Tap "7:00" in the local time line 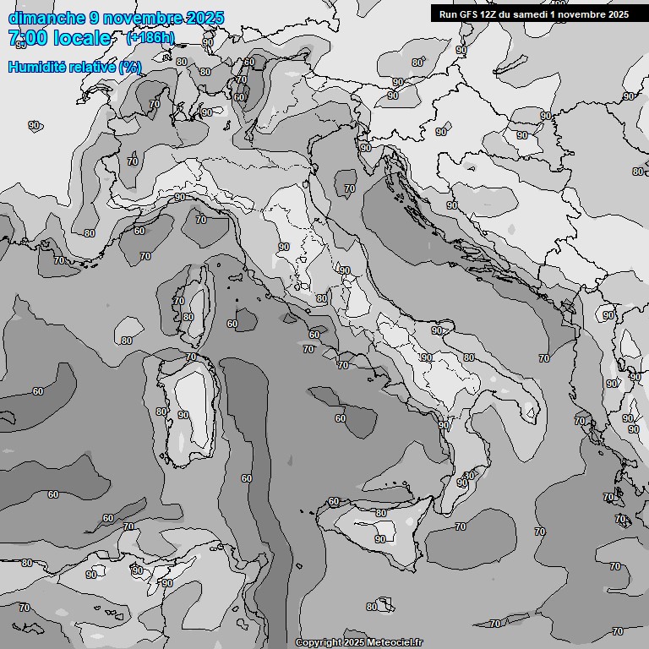26,38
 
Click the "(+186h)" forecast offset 150,38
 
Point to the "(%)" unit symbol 130,68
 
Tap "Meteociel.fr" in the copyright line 394,643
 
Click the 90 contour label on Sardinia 183,415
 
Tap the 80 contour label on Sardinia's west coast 161,412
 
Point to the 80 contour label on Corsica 188,317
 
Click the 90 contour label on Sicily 380,539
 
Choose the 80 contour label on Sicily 381,513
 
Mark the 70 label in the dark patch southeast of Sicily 461,526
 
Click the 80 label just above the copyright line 372,607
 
